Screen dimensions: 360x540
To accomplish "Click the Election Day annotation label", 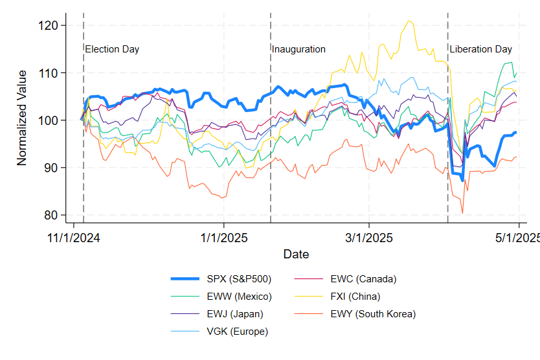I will point(112,49).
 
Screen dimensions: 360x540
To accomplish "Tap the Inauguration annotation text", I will point(298,49).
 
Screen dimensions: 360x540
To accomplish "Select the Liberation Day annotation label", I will point(480,49).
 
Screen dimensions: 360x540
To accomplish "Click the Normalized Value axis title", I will point(23,118).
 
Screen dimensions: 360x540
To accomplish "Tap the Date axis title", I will point(296,254).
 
